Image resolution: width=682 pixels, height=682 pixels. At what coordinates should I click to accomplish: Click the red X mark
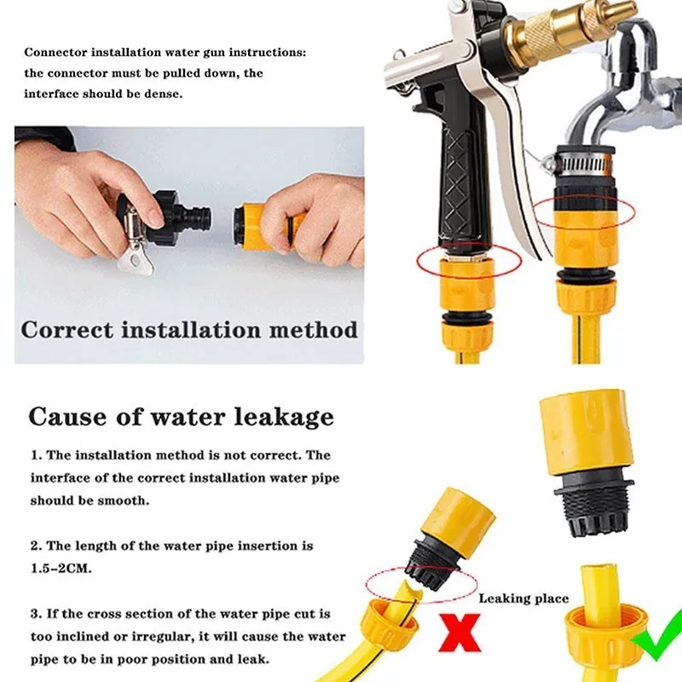click(459, 633)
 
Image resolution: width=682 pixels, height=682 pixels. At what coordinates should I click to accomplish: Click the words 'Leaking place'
click(523, 599)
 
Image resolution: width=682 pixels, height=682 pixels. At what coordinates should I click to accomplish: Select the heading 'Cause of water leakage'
click(181, 417)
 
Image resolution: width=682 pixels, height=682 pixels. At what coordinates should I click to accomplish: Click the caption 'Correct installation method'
click(189, 330)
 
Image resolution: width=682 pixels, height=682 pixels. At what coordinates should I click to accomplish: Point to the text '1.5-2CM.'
click(61, 569)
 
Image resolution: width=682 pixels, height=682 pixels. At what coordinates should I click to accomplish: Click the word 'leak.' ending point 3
click(253, 659)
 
